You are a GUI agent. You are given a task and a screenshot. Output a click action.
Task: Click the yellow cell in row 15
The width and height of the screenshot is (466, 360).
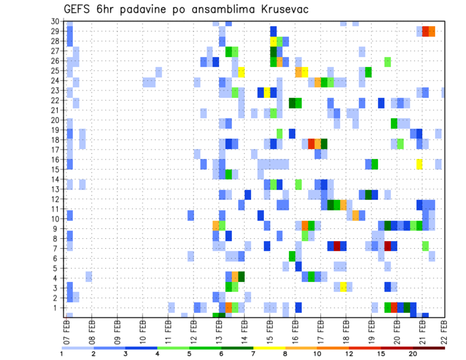[x=419, y=164]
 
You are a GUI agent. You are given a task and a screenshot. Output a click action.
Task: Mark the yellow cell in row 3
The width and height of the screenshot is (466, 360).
[x=343, y=287]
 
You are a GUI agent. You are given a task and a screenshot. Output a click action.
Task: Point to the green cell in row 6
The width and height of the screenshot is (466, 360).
[x=292, y=256]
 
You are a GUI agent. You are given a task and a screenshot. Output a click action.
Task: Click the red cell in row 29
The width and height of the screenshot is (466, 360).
[x=426, y=32]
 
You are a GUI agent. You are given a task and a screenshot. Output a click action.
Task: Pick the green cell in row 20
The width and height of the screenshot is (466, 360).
[x=394, y=123]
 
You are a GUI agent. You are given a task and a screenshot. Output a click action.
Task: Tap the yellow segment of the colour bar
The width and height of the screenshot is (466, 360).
[x=269, y=348]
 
